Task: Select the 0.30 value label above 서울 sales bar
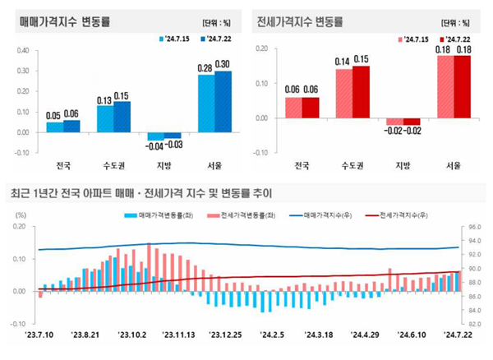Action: (x=223, y=64)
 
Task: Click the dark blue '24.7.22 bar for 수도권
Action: (x=122, y=116)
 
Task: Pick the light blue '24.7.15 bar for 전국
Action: (x=54, y=127)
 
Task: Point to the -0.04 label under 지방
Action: (x=155, y=145)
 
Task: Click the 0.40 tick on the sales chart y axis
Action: (x=22, y=50)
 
